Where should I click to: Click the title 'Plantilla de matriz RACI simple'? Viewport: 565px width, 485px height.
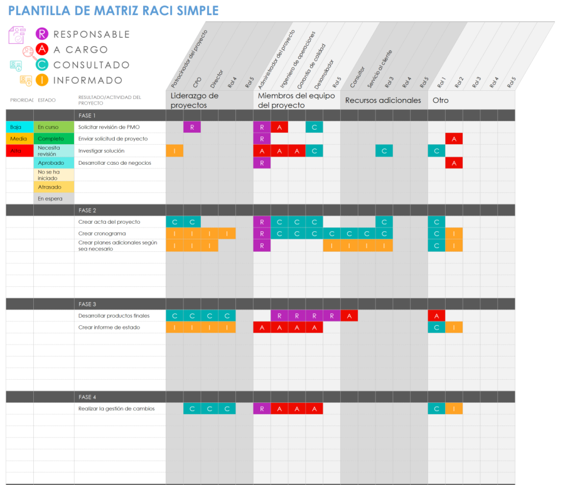tap(114, 11)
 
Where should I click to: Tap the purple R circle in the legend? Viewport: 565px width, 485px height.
tap(42, 34)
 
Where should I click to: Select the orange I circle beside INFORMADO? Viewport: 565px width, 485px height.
tap(42, 80)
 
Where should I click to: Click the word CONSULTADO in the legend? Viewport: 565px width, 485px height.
tap(92, 65)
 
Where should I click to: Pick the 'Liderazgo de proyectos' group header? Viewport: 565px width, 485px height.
tap(195, 100)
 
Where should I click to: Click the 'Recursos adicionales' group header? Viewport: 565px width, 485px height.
tap(383, 100)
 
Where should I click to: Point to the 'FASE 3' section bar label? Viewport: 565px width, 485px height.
tap(87, 304)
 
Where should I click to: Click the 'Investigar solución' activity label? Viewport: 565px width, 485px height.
tap(102, 151)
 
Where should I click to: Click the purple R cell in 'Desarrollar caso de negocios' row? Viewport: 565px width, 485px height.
tap(262, 163)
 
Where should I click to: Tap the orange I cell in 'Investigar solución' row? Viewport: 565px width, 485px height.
tap(175, 151)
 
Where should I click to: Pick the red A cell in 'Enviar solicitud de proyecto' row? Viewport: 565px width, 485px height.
tap(454, 139)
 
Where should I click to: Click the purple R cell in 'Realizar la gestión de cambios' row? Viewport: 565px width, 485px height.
tap(262, 409)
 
